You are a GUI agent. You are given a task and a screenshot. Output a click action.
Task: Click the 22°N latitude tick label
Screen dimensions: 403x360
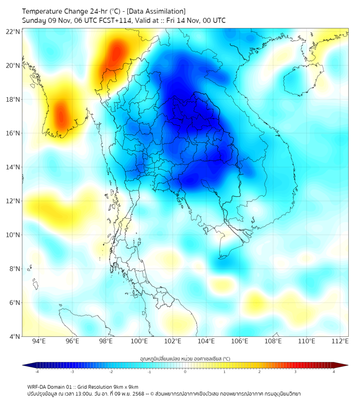coord(13,31)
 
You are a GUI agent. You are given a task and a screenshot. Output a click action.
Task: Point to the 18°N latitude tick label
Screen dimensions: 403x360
coord(13,99)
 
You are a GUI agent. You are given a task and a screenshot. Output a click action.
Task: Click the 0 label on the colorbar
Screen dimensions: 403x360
coord(185,372)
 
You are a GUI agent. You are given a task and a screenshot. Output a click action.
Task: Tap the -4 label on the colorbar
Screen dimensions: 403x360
coord(36,372)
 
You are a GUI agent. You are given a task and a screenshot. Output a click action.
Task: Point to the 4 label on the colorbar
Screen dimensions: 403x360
coord(334,372)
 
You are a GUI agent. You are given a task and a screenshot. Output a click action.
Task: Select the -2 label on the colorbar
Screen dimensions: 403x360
coord(111,372)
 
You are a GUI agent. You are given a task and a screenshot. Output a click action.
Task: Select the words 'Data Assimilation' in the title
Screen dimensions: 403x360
coord(159,11)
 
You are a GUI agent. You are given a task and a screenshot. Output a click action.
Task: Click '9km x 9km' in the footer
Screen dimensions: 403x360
coord(125,387)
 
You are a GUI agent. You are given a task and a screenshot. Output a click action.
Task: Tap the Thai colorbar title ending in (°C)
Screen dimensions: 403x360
coord(185,359)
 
